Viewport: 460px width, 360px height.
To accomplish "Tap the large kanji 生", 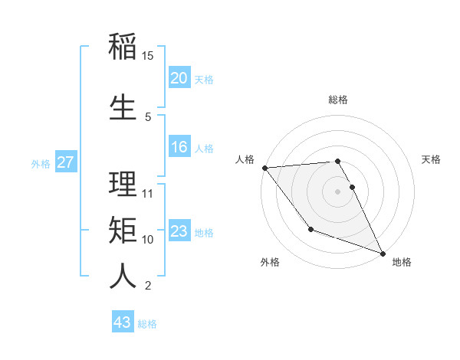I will [123, 108].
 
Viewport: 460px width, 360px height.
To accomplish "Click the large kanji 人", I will [123, 277].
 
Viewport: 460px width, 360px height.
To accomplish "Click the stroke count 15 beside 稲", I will [148, 56].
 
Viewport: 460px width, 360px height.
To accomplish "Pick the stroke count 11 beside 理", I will [148, 193].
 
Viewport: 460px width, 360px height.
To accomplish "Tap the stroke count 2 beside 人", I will [147, 286].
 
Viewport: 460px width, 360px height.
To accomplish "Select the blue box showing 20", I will [179, 77].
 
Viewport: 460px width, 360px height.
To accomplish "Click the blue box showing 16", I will [179, 147].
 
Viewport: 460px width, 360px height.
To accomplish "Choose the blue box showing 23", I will [179, 231].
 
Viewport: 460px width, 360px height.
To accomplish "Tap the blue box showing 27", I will [65, 162].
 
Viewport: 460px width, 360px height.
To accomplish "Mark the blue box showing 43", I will [122, 322].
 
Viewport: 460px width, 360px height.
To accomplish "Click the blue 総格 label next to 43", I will [147, 324].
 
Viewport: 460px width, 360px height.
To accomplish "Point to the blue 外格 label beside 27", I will [41, 164].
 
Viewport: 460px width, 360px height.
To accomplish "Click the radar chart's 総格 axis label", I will [337, 100].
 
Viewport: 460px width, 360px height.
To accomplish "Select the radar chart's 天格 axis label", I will [431, 159].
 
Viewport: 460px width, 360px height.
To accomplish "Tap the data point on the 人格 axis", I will [264, 168].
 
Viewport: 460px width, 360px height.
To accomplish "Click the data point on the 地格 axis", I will [383, 253].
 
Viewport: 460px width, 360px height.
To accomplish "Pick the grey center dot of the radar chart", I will [337, 191].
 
